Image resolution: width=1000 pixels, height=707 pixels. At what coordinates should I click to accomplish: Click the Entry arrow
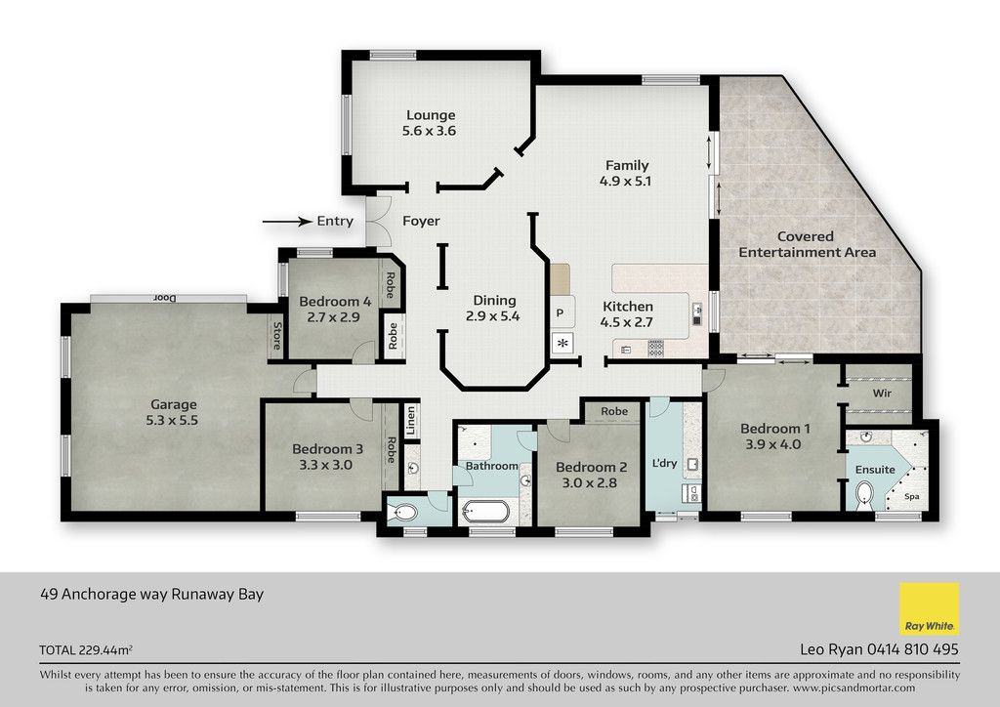(288, 222)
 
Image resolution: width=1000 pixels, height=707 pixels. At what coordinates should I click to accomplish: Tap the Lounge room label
(431, 115)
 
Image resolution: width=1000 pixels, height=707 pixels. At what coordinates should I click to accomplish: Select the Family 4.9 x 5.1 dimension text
(625, 181)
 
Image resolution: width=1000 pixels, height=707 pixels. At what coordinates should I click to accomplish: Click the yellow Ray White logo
(930, 608)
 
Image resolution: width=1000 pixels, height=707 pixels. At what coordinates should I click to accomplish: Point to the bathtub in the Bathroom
(486, 512)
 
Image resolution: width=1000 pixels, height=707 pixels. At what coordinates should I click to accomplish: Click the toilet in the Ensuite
(864, 494)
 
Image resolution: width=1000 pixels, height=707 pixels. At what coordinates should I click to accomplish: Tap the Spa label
(912, 497)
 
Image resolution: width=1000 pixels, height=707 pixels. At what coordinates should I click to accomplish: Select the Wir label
(882, 394)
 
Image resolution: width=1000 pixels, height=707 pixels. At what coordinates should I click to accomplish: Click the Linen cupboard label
(411, 420)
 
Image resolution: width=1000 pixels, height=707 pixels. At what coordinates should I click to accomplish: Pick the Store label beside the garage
(276, 336)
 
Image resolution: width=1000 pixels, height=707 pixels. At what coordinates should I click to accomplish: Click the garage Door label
(164, 298)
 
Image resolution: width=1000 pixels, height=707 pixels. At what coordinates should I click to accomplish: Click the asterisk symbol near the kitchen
(562, 344)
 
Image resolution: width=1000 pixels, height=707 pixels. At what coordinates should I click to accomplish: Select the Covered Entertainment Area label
(807, 244)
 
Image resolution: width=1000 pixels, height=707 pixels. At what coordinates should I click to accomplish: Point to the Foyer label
(421, 222)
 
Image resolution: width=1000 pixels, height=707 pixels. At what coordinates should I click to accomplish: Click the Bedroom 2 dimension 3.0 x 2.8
(589, 483)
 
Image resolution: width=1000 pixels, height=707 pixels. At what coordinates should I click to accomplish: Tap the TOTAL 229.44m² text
(86, 650)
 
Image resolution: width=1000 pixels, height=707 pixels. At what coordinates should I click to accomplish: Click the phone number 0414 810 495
(912, 649)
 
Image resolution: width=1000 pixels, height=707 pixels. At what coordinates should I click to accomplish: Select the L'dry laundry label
(664, 463)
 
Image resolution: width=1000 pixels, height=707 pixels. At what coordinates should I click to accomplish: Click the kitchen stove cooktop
(655, 349)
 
